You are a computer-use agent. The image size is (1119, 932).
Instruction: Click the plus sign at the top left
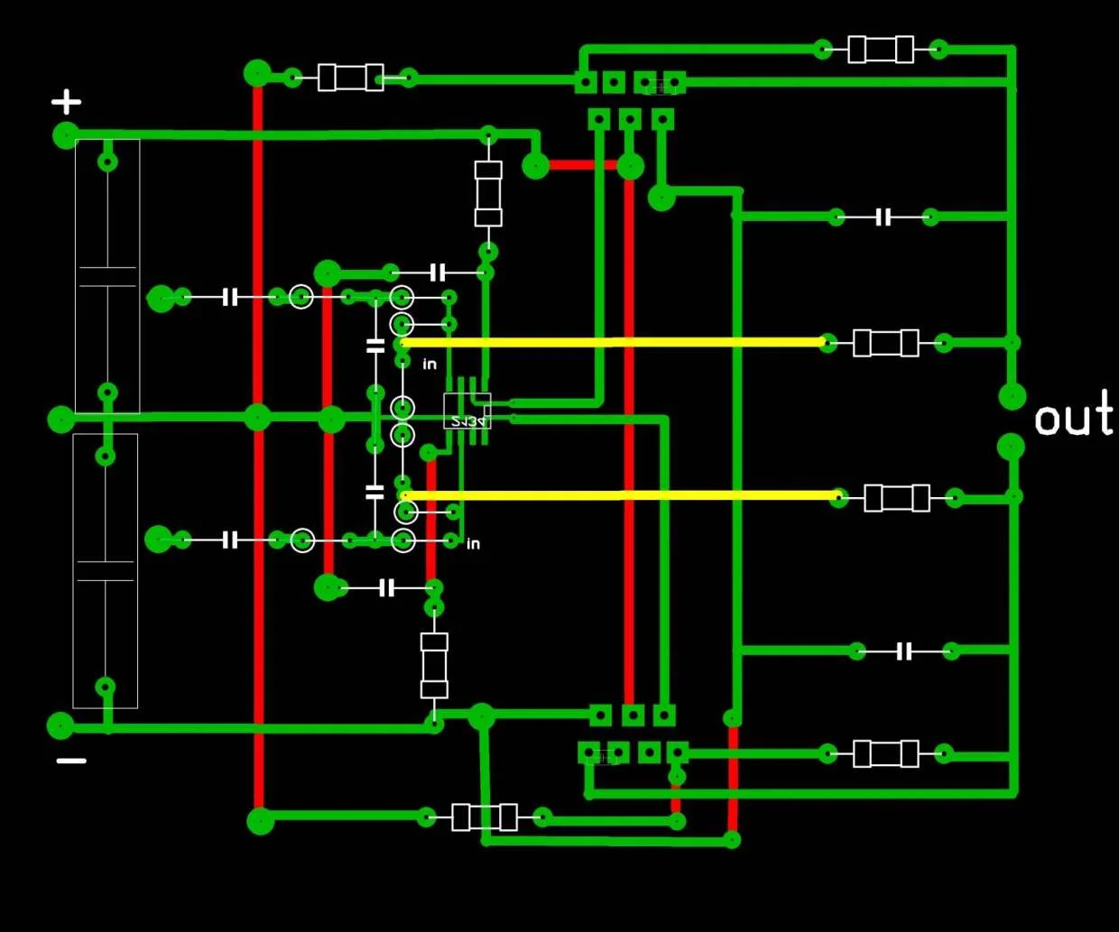pyautogui.click(x=66, y=101)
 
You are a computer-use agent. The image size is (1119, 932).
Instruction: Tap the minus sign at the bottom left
pyautogui.click(x=71, y=761)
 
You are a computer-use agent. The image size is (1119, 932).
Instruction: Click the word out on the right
pyautogui.click(x=1073, y=417)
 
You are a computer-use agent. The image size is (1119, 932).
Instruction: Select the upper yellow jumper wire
pyautogui.click(x=614, y=343)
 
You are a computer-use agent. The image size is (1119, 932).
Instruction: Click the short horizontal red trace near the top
pyautogui.click(x=583, y=165)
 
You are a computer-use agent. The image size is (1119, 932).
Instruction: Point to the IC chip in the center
pyautogui.click(x=467, y=411)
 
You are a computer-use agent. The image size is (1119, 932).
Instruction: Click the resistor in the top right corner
pyautogui.click(x=881, y=49)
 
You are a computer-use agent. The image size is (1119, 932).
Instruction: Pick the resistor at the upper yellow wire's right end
pyautogui.click(x=885, y=343)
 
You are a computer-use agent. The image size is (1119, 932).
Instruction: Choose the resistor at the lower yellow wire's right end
pyautogui.click(x=896, y=498)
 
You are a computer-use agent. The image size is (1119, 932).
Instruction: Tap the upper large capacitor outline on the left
pyautogui.click(x=107, y=276)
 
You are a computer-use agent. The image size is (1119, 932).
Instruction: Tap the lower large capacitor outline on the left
pyautogui.click(x=106, y=570)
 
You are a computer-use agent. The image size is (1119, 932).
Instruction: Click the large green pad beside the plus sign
pyautogui.click(x=66, y=136)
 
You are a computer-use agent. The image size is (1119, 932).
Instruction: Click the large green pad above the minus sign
pyautogui.click(x=60, y=724)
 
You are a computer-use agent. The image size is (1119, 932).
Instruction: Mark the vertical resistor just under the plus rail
pyautogui.click(x=488, y=193)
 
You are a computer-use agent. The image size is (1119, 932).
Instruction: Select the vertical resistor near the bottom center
pyautogui.click(x=434, y=665)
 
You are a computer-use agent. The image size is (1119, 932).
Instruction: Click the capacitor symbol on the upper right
pyautogui.click(x=883, y=217)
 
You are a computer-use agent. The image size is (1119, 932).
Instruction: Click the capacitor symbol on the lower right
pyautogui.click(x=904, y=651)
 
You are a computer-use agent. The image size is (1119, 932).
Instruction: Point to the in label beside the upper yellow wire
pyautogui.click(x=430, y=364)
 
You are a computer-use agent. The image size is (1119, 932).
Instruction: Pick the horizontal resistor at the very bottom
pyautogui.click(x=485, y=817)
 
